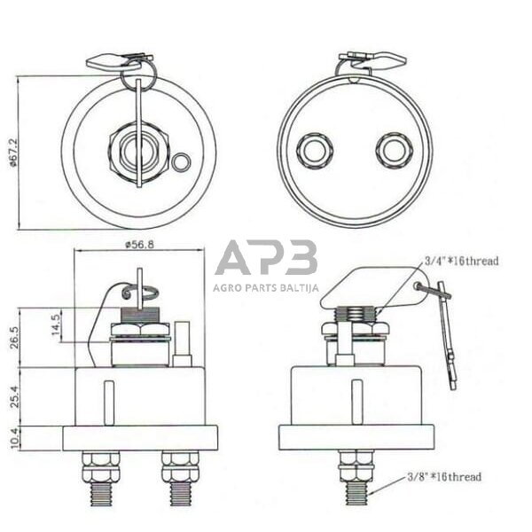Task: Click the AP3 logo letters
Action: pyautogui.click(x=266, y=258)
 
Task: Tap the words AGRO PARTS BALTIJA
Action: pyautogui.click(x=266, y=286)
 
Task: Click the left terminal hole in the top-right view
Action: pyautogui.click(x=314, y=150)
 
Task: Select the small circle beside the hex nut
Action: pyautogui.click(x=181, y=162)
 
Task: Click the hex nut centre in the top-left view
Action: pyautogui.click(x=138, y=149)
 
